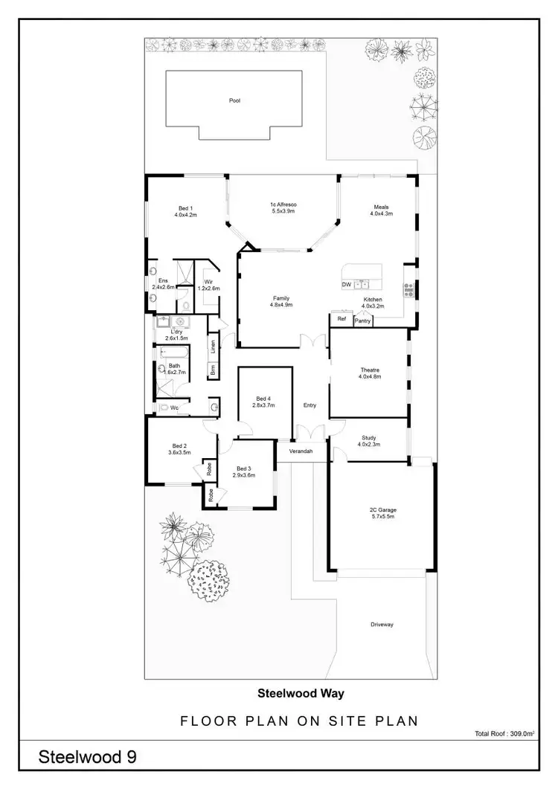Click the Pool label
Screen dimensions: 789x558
(235, 100)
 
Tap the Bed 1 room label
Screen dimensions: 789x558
(185, 207)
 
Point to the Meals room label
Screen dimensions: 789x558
(381, 207)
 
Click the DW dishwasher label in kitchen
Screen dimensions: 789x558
(346, 284)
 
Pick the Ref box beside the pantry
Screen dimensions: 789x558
(341, 319)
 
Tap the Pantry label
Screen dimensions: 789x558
(363, 321)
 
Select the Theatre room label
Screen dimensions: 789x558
(369, 370)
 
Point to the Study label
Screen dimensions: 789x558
(369, 438)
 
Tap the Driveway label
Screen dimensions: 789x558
(382, 624)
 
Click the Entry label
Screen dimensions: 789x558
(310, 405)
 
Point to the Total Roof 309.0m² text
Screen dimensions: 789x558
(504, 733)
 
